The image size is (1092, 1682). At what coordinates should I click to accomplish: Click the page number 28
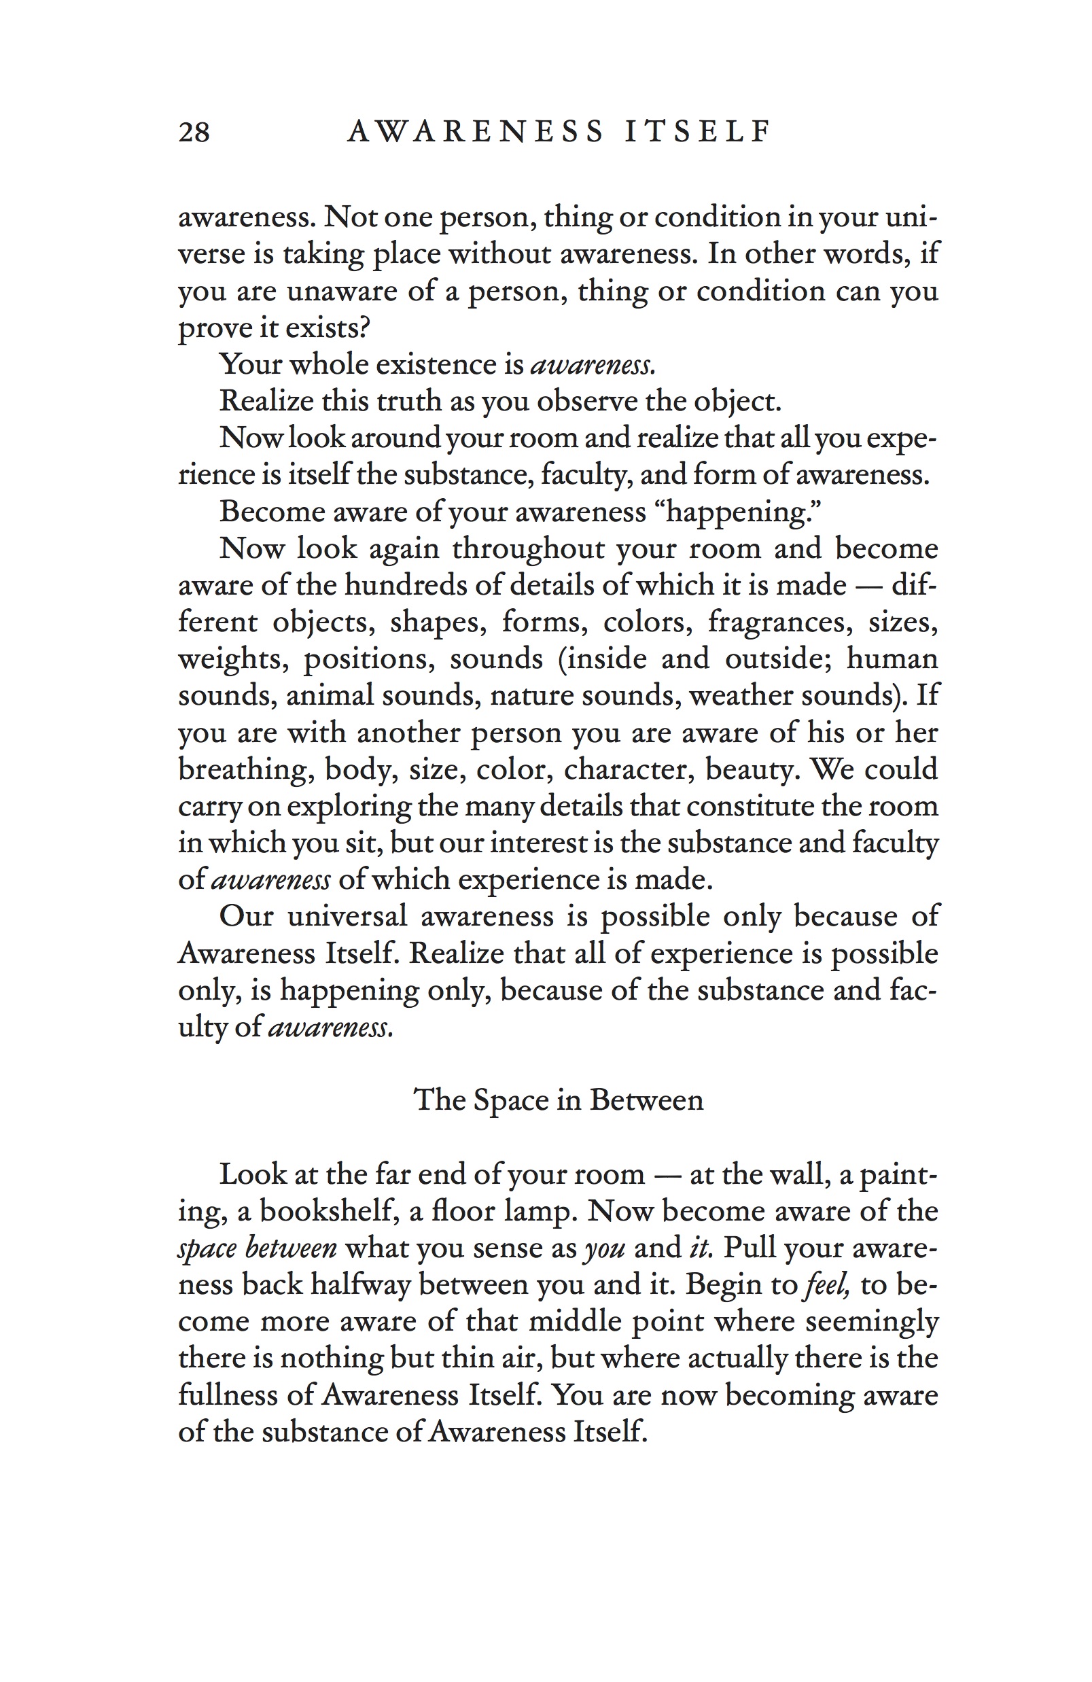pyautogui.click(x=194, y=132)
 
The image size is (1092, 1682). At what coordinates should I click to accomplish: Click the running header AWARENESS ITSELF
pyautogui.click(x=559, y=131)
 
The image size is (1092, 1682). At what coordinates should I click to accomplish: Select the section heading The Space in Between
pyautogui.click(x=559, y=1100)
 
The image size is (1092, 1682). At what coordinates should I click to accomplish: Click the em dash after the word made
pyautogui.click(x=868, y=585)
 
